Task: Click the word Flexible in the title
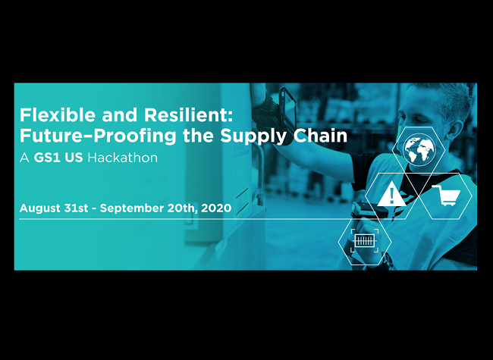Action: [58, 114]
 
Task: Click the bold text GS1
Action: [47, 158]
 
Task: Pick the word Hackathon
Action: [123, 158]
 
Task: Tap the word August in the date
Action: [40, 208]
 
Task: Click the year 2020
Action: [216, 208]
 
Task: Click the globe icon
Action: [419, 149]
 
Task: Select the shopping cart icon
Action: [446, 196]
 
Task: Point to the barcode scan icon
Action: [364, 241]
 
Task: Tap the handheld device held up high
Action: [287, 106]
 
